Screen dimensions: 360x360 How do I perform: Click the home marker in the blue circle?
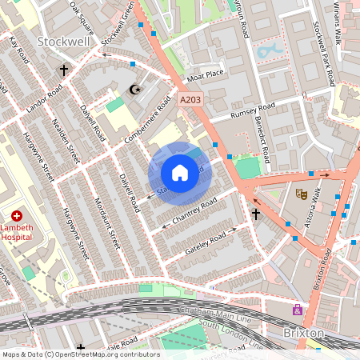[x=180, y=173]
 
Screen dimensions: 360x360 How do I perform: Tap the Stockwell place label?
[x=63, y=41]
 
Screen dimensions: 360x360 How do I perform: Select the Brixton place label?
[x=303, y=332]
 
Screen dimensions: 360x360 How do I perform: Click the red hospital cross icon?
[x=17, y=216]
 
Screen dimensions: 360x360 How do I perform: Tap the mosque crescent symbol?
[x=134, y=89]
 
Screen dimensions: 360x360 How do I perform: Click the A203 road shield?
[x=190, y=100]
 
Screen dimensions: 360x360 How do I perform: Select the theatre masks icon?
[x=302, y=194]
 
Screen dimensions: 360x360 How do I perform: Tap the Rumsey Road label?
[x=253, y=110]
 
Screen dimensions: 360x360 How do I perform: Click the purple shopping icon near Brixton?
[x=298, y=310]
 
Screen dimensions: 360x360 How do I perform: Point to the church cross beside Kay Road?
[x=64, y=70]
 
